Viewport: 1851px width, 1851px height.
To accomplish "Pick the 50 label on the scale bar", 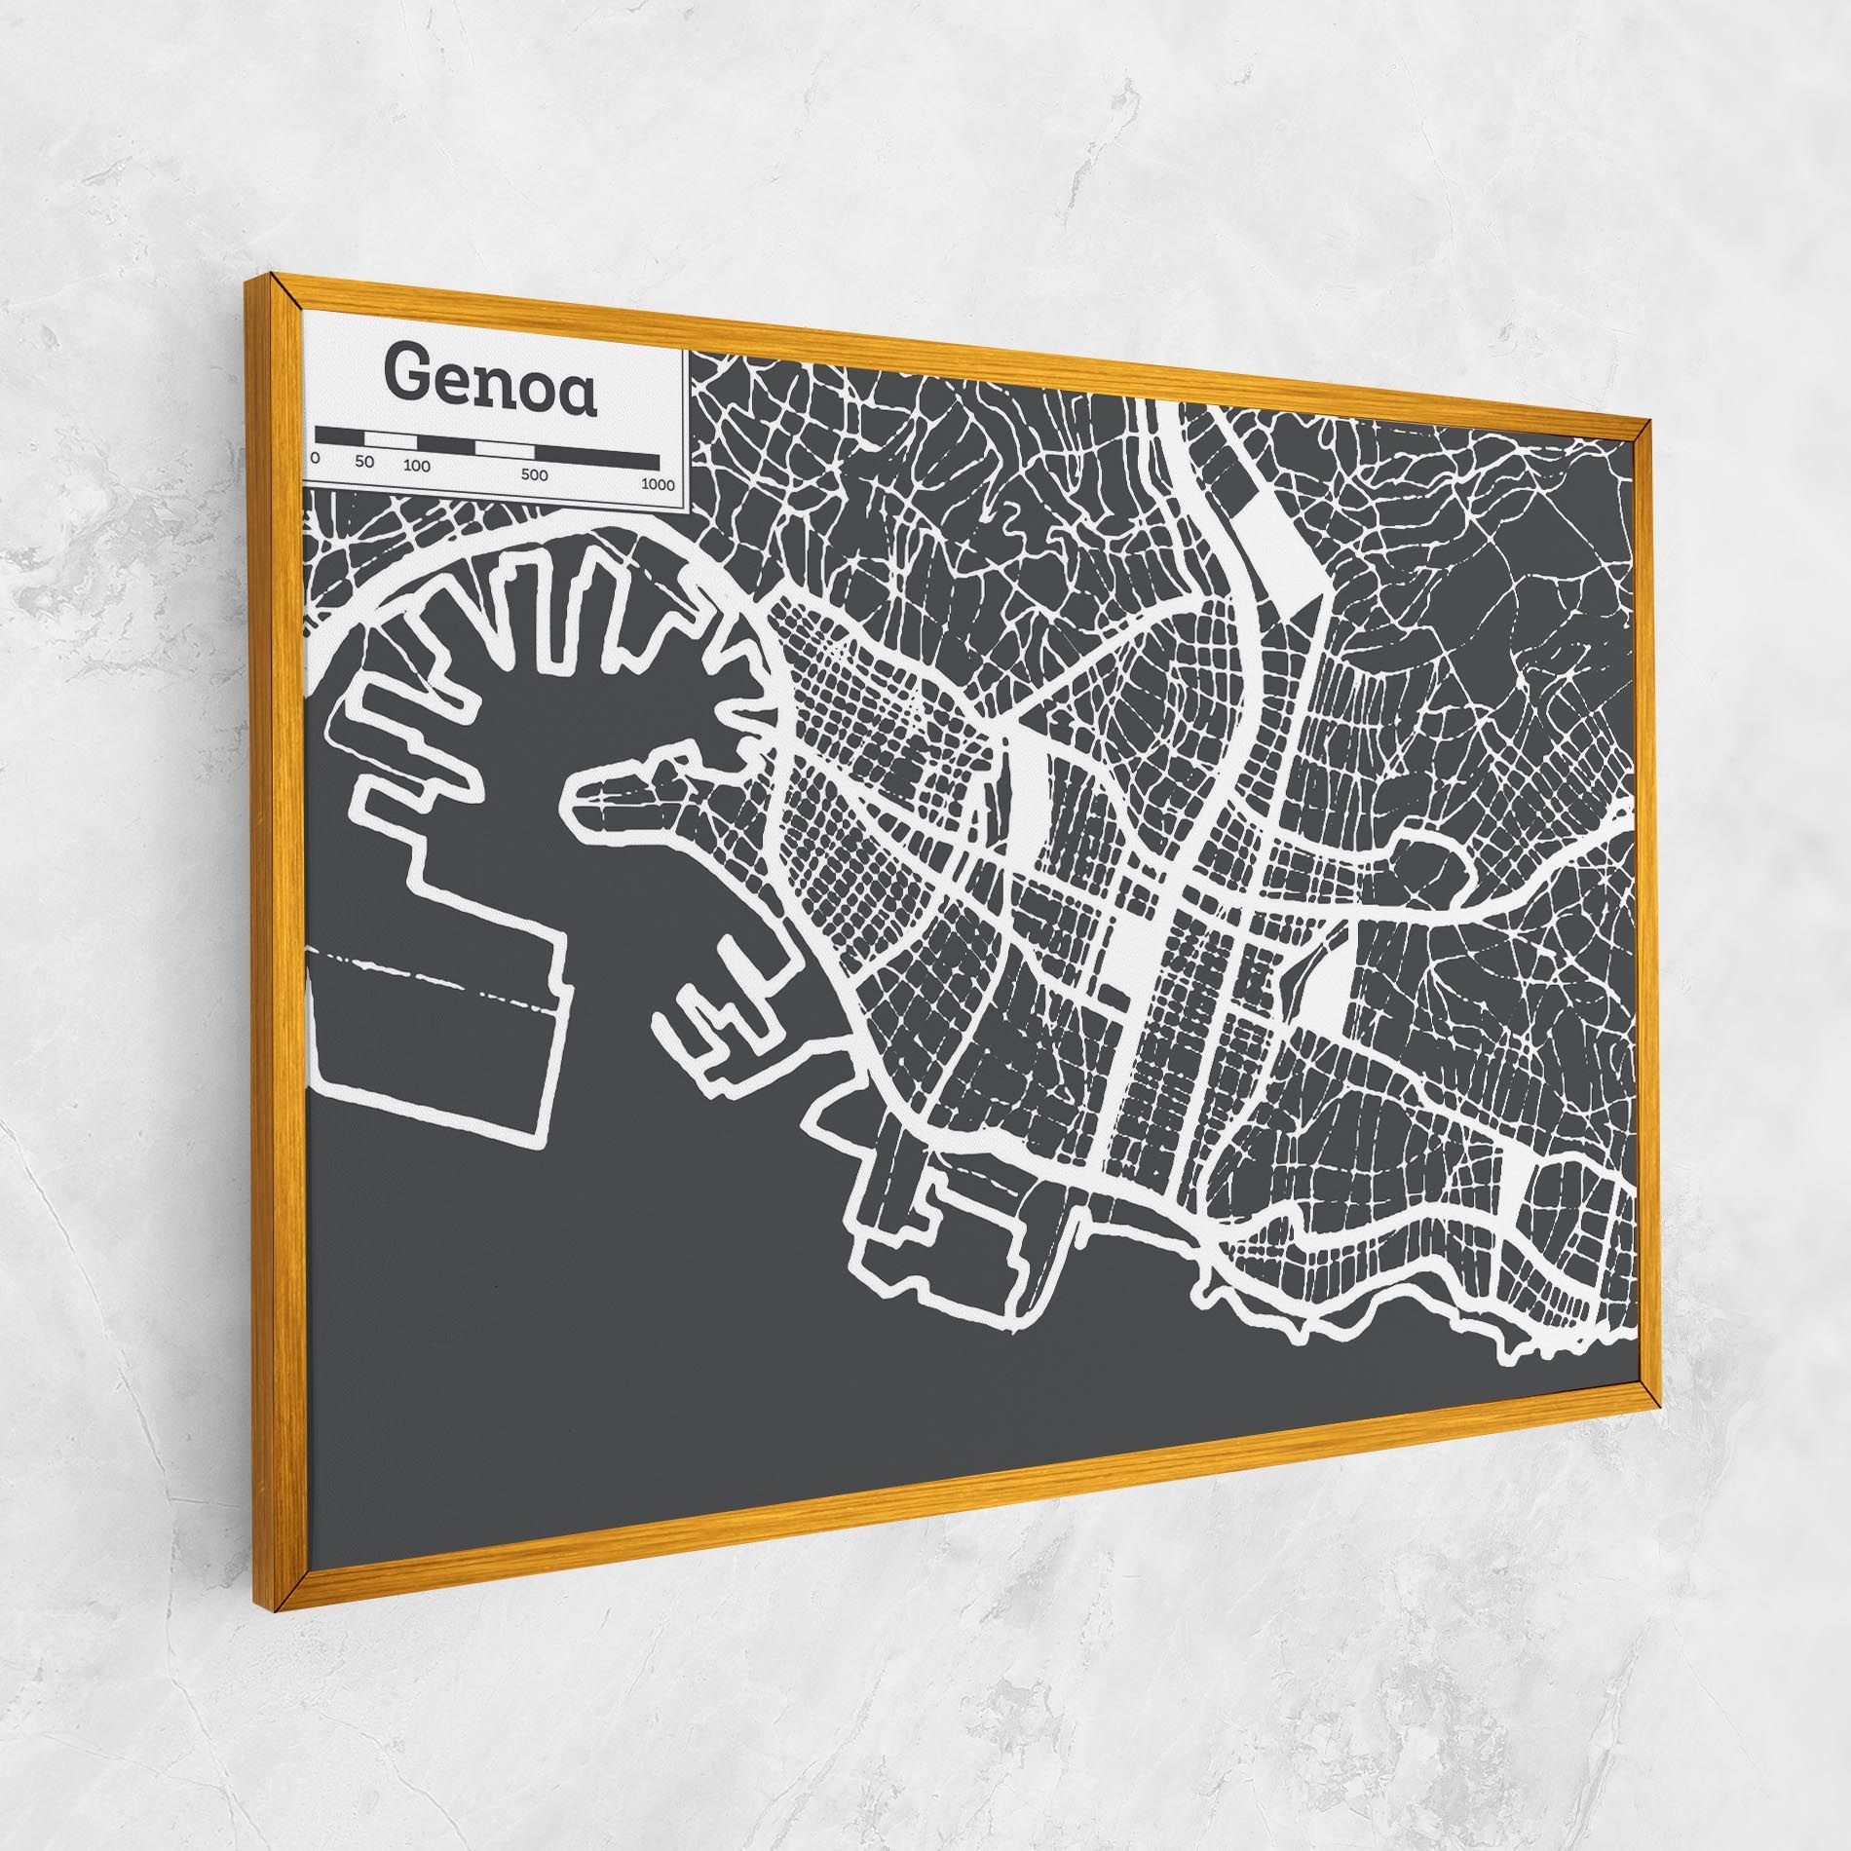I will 364,461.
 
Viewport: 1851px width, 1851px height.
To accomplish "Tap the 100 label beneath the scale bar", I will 416,466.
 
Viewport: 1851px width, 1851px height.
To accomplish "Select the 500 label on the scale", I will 534,475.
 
